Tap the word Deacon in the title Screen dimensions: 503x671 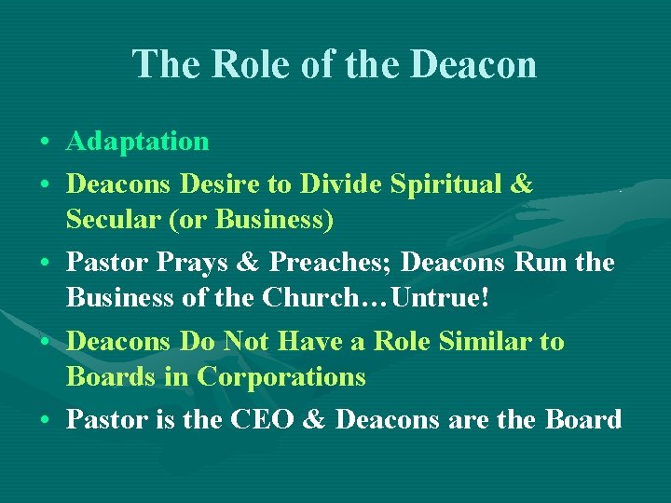[475, 64]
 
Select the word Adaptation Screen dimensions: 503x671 [138, 142]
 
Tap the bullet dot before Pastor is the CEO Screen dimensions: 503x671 [45, 421]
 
